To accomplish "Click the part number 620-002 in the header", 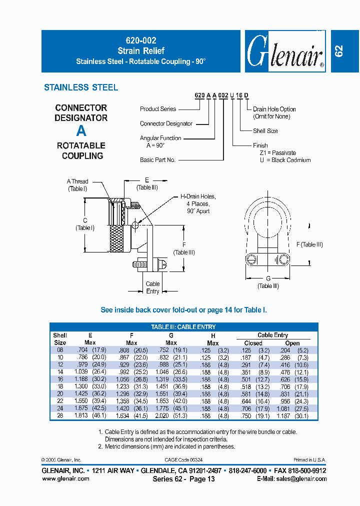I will point(141,41).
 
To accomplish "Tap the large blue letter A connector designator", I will point(81,131).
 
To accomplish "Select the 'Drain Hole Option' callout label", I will point(274,109).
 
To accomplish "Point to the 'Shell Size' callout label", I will point(265,131).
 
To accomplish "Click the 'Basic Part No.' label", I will point(157,160).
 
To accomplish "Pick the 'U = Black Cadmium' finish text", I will point(284,160).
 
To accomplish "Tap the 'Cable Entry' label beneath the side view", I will point(152,287).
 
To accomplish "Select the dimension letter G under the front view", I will point(268,278).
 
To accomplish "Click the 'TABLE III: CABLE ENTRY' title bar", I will point(183,327).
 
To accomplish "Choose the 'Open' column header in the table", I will point(292,343).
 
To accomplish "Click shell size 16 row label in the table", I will point(60,379).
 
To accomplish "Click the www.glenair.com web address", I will point(65,478).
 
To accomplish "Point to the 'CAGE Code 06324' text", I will point(183,459).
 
